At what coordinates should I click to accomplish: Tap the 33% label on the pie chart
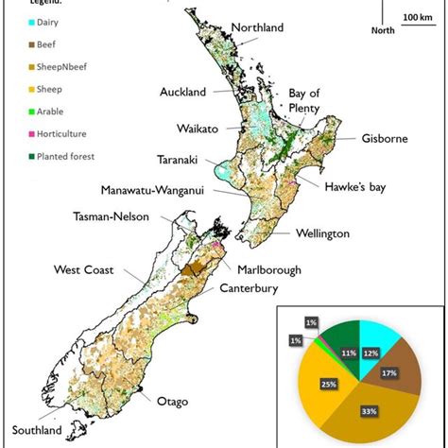click(369, 411)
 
